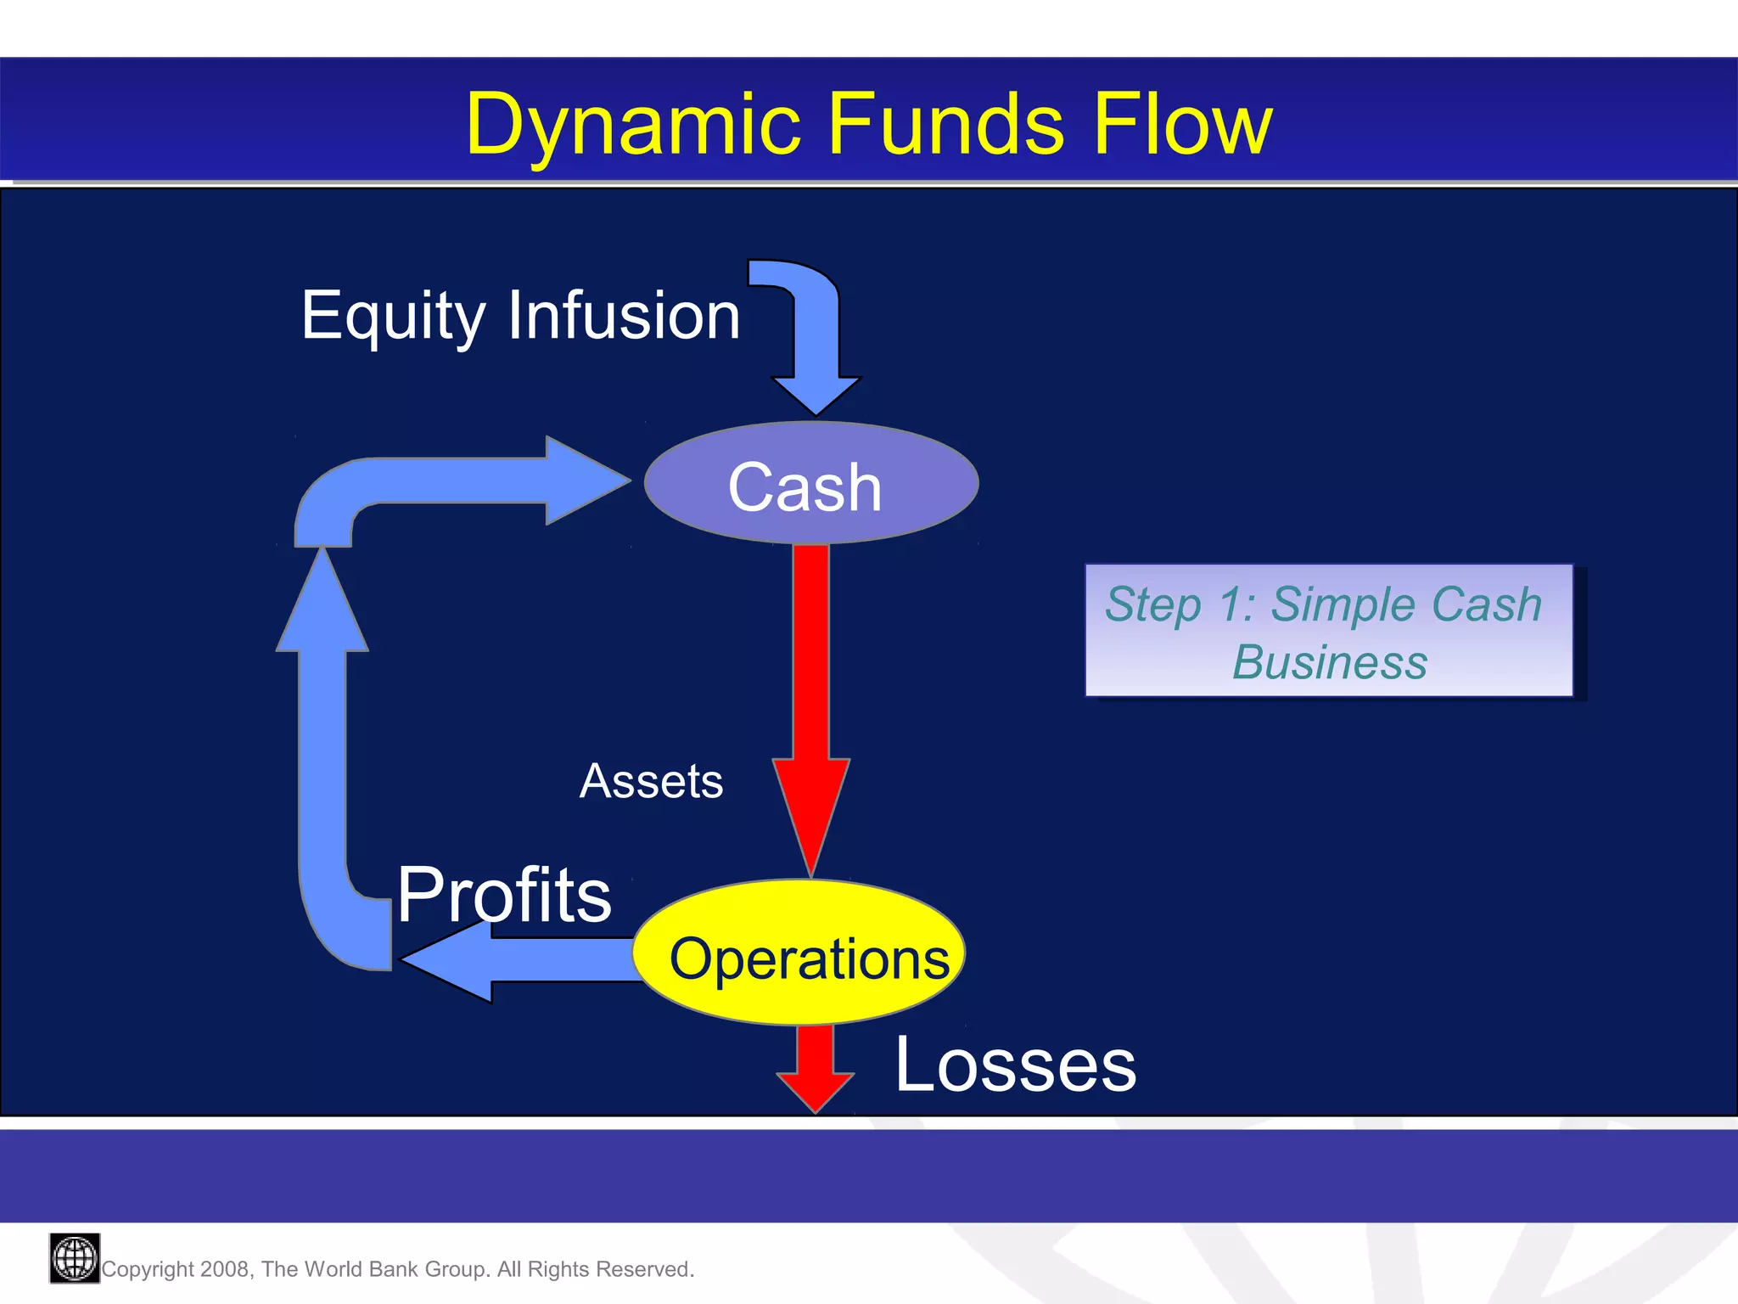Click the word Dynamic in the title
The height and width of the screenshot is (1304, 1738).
[x=633, y=126]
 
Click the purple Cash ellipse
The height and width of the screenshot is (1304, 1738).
[x=810, y=485]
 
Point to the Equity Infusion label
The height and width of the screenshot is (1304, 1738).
[x=520, y=316]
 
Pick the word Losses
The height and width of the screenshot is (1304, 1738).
[x=1015, y=1065]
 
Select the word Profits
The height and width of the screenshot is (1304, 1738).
[x=504, y=895]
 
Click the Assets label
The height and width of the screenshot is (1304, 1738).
[x=651, y=781]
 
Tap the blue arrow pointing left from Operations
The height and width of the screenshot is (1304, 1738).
[x=518, y=960]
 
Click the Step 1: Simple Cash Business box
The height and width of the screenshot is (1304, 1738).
[x=1328, y=631]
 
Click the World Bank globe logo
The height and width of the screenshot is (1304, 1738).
[x=75, y=1258]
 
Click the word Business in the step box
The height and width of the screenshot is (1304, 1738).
[x=1329, y=663]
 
